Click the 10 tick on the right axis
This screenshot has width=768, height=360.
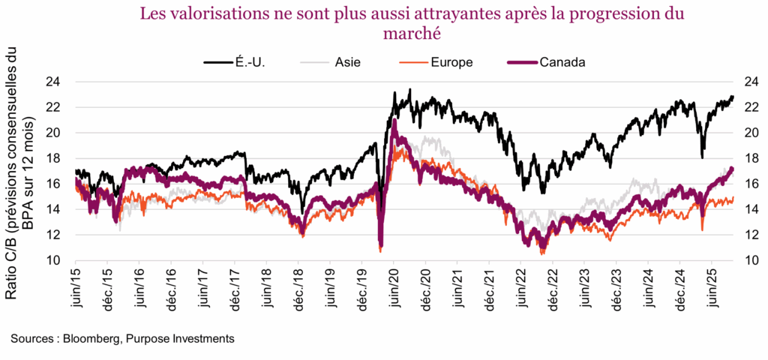tap(749, 260)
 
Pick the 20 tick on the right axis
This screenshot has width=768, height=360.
tap(749, 133)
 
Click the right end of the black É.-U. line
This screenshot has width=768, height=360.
tap(733, 96)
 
